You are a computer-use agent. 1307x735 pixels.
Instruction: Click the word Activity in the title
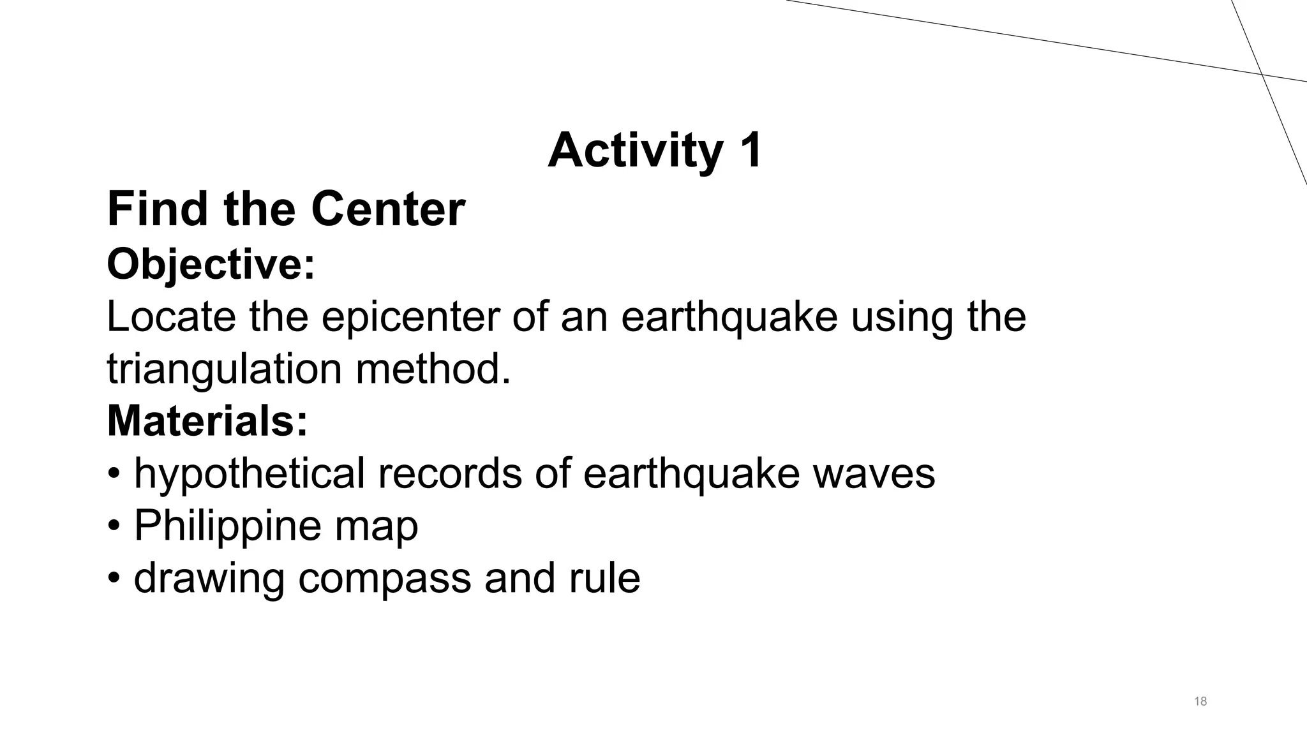[x=635, y=151]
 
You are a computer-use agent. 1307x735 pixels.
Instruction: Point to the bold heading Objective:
[x=211, y=264]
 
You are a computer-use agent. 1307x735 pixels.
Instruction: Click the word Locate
[x=171, y=316]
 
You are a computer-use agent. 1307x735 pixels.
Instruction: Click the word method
[x=433, y=369]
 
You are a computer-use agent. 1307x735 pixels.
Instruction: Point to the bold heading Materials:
[x=207, y=421]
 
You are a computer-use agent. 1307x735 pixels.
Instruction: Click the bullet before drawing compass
[x=114, y=579]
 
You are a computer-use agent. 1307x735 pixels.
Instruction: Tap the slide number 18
[x=1200, y=702]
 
